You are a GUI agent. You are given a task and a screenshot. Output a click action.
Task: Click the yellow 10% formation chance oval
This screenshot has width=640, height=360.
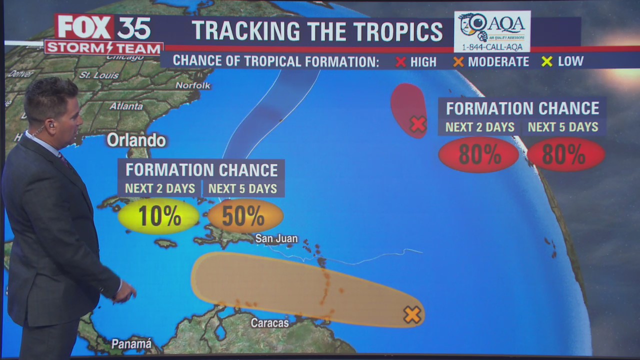click(x=158, y=216)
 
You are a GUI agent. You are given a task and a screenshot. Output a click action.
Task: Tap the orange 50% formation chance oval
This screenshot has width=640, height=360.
click(x=245, y=216)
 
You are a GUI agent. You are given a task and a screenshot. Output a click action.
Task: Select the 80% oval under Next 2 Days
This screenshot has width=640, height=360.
click(x=478, y=155)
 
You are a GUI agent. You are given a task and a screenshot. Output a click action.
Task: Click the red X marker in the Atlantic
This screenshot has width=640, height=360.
click(x=417, y=124)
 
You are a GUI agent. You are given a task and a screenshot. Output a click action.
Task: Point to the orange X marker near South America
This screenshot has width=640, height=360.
click(x=412, y=314)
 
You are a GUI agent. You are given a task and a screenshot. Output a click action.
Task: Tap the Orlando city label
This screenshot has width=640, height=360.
click(x=136, y=140)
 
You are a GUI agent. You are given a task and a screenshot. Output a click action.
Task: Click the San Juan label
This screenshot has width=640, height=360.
click(x=276, y=239)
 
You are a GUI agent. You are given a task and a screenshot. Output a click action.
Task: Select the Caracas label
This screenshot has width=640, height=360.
click(x=269, y=323)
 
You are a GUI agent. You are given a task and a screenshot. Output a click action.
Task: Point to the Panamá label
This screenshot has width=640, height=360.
click(x=131, y=344)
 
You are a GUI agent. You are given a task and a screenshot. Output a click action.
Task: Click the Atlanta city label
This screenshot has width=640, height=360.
click(x=126, y=106)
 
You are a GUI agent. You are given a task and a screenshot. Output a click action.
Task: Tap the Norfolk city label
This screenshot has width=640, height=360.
click(x=193, y=85)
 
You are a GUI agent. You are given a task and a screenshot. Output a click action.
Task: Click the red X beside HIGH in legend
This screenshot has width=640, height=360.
click(x=400, y=62)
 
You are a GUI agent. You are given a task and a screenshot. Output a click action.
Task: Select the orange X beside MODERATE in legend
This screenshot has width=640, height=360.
click(x=458, y=62)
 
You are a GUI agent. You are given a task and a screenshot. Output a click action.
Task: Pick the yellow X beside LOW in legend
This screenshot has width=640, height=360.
click(x=546, y=61)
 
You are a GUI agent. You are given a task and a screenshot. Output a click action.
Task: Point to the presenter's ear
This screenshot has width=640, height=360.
click(x=51, y=124)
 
